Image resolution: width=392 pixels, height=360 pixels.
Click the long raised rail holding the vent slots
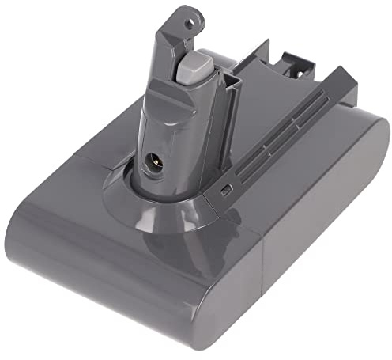coord(277,135)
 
